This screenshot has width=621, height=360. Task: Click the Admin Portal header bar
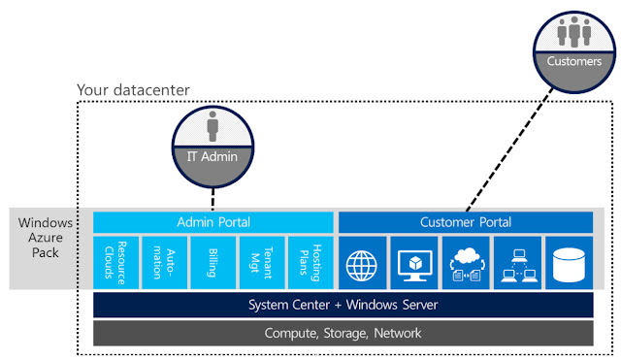click(x=213, y=222)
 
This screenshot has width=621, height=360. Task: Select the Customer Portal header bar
click(x=465, y=222)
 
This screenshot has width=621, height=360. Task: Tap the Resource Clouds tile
click(x=115, y=261)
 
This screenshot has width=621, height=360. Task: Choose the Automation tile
click(x=164, y=261)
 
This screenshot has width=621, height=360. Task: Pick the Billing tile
click(x=213, y=261)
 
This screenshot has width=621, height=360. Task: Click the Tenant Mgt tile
click(x=262, y=261)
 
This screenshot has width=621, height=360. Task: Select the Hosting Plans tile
click(x=310, y=261)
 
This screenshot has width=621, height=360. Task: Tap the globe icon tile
click(x=361, y=261)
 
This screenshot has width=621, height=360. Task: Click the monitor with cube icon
click(x=413, y=261)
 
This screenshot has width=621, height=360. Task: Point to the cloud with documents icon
click(x=465, y=261)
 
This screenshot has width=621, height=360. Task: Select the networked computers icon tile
click(x=516, y=261)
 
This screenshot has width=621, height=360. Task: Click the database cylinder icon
click(x=569, y=261)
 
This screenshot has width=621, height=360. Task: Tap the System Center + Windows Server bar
click(x=343, y=305)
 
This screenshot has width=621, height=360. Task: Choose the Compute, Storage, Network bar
click(x=343, y=333)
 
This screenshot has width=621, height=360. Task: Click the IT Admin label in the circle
click(x=213, y=155)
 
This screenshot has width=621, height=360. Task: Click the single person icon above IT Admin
click(x=213, y=126)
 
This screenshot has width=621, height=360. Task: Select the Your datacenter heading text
click(x=133, y=91)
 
